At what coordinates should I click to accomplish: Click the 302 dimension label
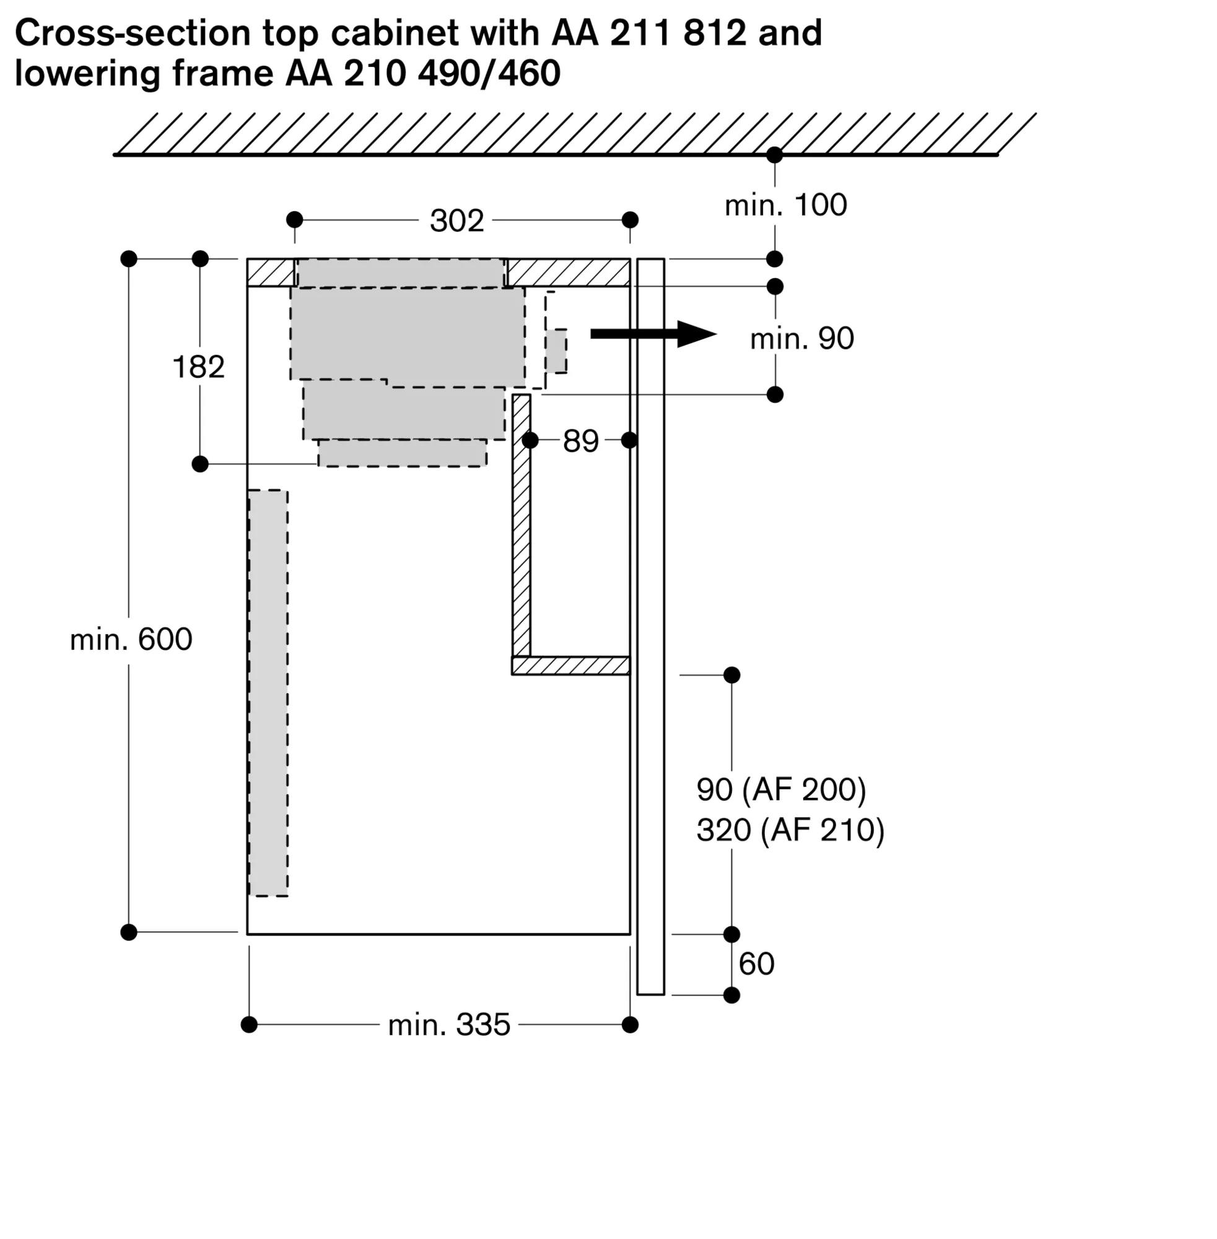pos(456,221)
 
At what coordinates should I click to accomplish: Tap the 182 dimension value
pos(199,367)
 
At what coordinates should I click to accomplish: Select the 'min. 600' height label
pos(131,639)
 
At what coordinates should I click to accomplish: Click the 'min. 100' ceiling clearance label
pos(785,205)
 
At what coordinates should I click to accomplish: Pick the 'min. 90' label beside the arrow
pos(801,339)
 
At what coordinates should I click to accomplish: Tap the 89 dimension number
pos(580,440)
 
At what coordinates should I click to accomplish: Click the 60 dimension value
pos(756,963)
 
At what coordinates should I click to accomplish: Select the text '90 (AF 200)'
pos(781,790)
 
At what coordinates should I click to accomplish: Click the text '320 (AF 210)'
pos(790,830)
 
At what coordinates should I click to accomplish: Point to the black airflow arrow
pos(652,334)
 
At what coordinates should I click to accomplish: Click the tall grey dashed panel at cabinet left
pos(268,693)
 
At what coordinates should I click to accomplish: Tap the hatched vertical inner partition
pos(521,524)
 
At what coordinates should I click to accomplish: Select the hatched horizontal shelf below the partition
pos(570,665)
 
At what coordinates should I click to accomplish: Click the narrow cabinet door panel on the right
pos(650,626)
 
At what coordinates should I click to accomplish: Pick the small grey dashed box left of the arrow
pos(556,351)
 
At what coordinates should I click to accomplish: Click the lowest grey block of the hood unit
pos(403,453)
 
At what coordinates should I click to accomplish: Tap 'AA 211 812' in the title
pos(649,33)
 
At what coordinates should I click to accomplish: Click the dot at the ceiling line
pos(775,155)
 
